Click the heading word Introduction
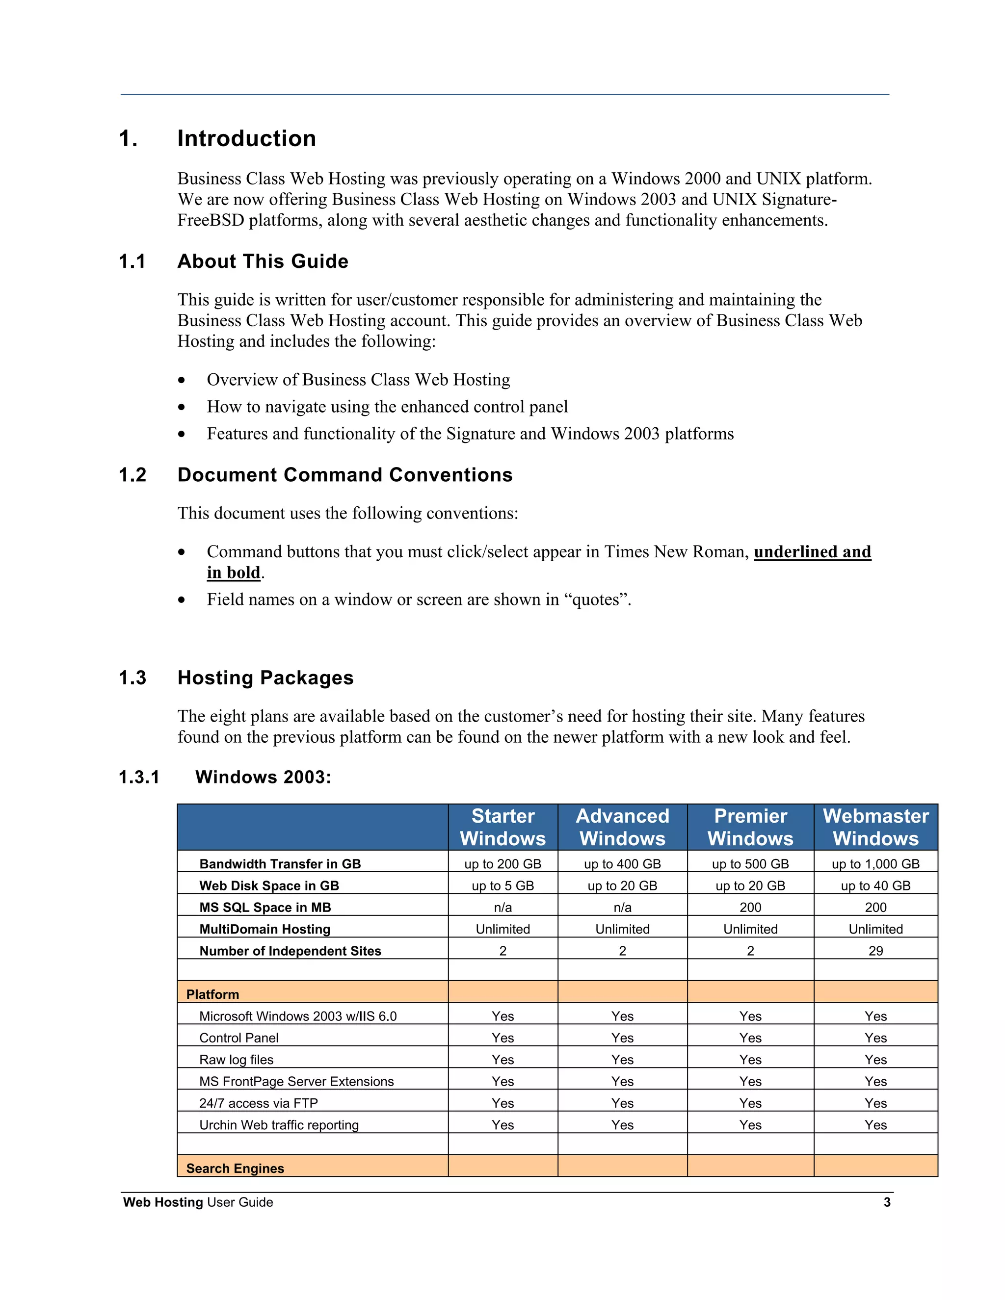pyautogui.click(x=246, y=139)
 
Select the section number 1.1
pyautogui.click(x=132, y=261)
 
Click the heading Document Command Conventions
pyautogui.click(x=344, y=475)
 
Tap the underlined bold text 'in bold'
pyautogui.click(x=234, y=572)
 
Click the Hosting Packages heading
pyautogui.click(x=265, y=678)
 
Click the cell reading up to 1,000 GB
pyautogui.click(x=875, y=864)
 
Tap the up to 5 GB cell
pyautogui.click(x=502, y=885)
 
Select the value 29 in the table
pyautogui.click(x=875, y=951)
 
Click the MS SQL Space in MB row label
pyautogui.click(x=265, y=908)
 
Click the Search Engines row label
pyautogui.click(x=235, y=1169)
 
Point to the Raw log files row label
pyautogui.click(x=237, y=1060)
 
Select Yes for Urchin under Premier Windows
pyautogui.click(x=750, y=1125)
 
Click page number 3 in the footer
pyautogui.click(x=887, y=1202)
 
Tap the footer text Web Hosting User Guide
pyautogui.click(x=198, y=1202)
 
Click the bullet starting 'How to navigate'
pyautogui.click(x=387, y=407)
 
